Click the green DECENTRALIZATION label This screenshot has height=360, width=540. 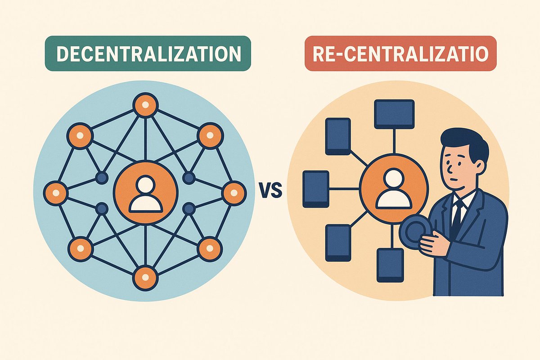tap(148, 54)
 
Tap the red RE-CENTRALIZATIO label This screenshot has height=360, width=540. tap(400, 54)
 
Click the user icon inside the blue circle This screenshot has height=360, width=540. tap(146, 193)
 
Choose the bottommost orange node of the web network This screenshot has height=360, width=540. tap(146, 278)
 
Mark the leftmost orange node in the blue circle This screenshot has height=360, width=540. tap(56, 193)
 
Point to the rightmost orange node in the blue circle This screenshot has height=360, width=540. tap(234, 193)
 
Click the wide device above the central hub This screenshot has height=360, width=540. tap(394, 113)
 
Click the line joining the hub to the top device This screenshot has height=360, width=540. tap(394, 144)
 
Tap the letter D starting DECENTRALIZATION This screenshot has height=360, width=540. tap(64, 54)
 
